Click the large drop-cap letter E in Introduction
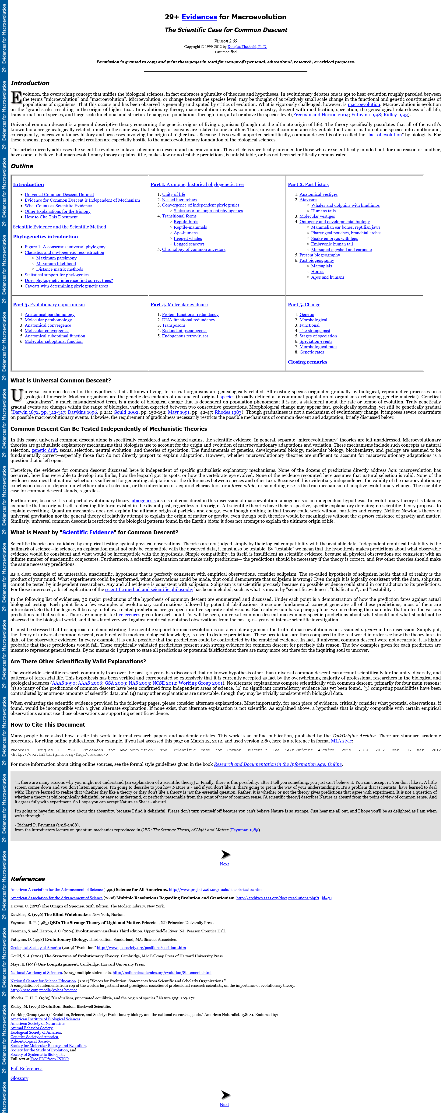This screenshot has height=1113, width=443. (x=16, y=98)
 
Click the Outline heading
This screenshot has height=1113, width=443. (x=22, y=166)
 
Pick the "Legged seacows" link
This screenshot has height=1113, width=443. (x=189, y=244)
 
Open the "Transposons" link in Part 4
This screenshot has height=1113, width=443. (x=174, y=325)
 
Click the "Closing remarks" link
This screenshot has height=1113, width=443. (x=307, y=362)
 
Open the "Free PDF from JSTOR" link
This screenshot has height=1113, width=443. (x=50, y=1056)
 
